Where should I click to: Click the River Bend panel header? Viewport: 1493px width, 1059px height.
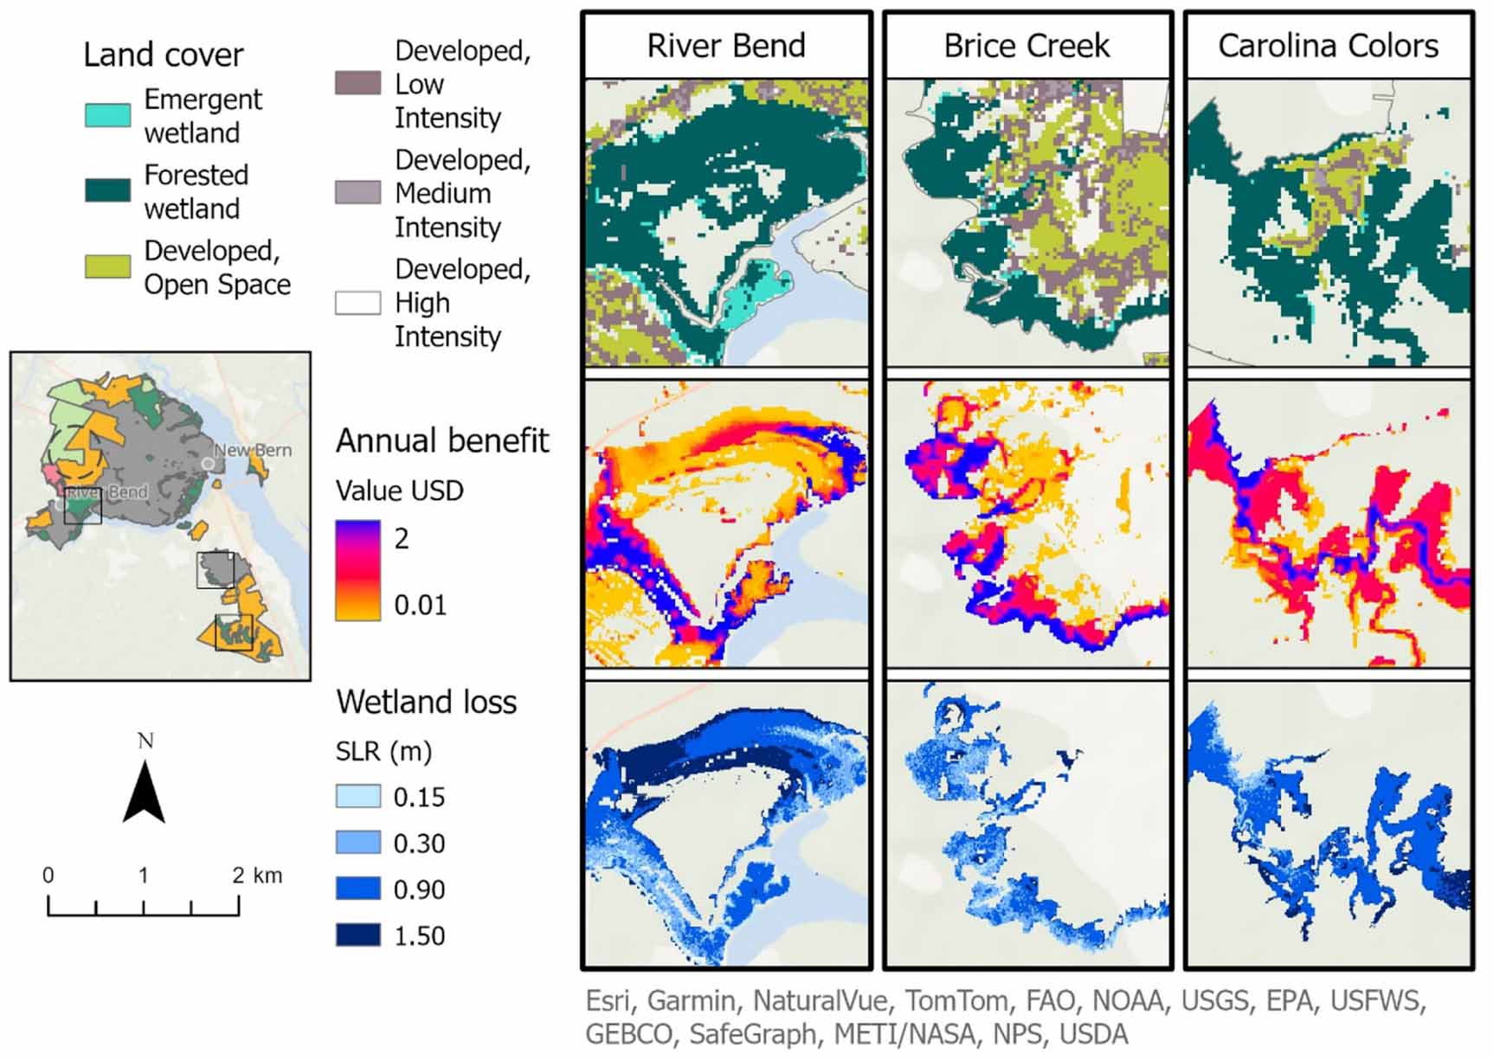[726, 46]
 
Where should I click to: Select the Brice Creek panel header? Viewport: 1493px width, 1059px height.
[1027, 46]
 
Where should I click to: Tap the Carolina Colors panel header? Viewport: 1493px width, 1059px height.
[1329, 46]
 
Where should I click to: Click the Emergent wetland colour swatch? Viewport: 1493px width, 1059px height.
[108, 115]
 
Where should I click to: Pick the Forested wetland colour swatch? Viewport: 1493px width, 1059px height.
[108, 190]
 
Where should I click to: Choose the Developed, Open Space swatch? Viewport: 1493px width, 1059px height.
[108, 266]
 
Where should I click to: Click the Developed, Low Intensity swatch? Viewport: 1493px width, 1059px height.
[358, 83]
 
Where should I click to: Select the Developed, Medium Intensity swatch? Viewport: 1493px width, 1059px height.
[358, 192]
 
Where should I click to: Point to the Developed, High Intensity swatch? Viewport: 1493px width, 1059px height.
[358, 303]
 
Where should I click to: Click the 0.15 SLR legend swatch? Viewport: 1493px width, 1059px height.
[358, 796]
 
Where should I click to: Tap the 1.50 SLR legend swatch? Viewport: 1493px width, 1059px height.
[358, 935]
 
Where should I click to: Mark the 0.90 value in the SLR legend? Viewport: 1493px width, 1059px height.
[420, 889]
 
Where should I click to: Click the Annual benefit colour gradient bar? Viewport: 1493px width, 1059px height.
[358, 570]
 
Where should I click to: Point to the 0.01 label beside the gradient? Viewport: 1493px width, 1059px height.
[421, 605]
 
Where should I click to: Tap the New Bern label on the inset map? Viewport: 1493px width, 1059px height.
[253, 450]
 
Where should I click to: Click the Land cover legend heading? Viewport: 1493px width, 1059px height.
[164, 55]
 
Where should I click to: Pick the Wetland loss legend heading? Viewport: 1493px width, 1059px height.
[427, 702]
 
